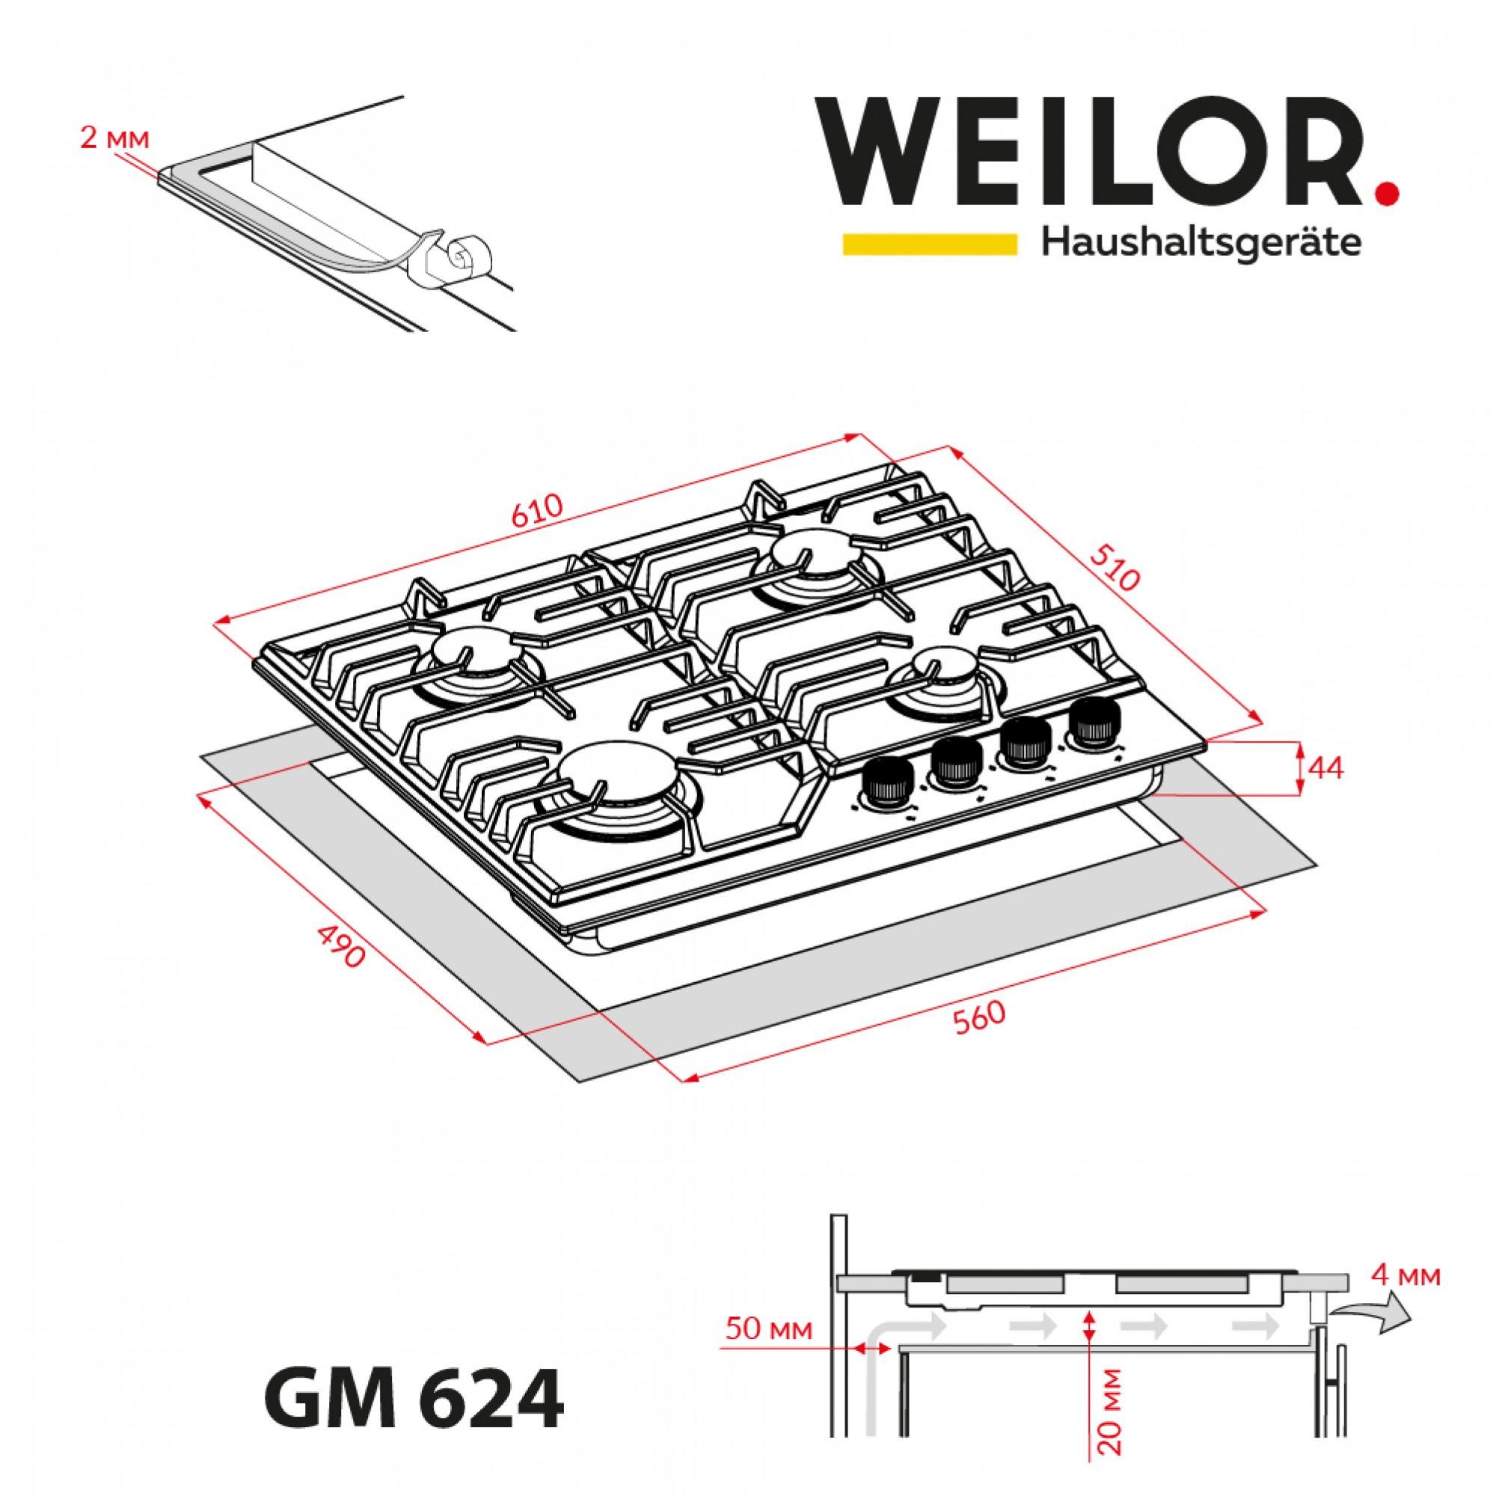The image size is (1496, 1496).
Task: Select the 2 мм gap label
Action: [x=113, y=139]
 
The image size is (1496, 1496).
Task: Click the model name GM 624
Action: [x=414, y=1400]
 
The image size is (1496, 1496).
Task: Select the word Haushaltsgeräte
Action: [x=1201, y=244]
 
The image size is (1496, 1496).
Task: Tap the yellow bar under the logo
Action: [x=929, y=243]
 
